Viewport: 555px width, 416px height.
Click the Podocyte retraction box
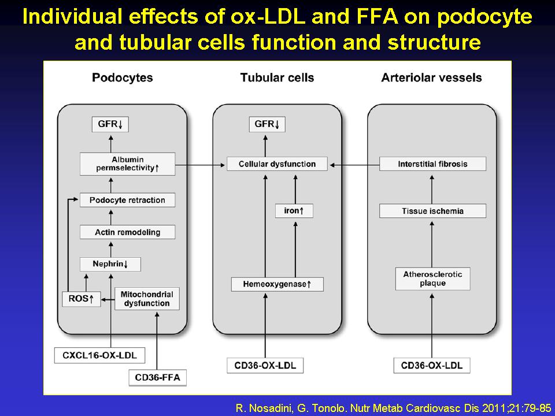click(x=127, y=200)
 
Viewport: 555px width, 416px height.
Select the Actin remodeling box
click(x=127, y=232)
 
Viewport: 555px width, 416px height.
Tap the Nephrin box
click(x=110, y=264)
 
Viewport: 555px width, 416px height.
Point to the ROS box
click(x=82, y=299)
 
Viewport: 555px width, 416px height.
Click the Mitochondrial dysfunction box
click(x=147, y=299)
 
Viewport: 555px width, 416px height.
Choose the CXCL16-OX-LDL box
click(x=99, y=355)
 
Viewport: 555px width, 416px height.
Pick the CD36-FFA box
click(x=157, y=377)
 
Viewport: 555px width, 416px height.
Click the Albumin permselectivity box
click(x=127, y=164)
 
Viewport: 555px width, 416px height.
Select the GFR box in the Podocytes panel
click(x=110, y=124)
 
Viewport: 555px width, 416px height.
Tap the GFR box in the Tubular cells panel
click(x=267, y=124)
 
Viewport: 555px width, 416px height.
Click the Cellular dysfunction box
click(x=277, y=164)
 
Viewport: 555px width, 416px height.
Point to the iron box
click(x=294, y=211)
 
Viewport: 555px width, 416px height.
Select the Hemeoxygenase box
click(x=277, y=284)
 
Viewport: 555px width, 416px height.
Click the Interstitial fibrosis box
click(x=432, y=164)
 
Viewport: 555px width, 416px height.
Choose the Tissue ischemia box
click(x=432, y=211)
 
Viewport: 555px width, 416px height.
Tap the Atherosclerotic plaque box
click(x=432, y=278)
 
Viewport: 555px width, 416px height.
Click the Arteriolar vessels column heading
click(x=431, y=77)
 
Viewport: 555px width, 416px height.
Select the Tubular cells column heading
click(x=277, y=77)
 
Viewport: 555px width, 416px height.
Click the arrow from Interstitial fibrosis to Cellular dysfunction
click(x=354, y=165)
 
